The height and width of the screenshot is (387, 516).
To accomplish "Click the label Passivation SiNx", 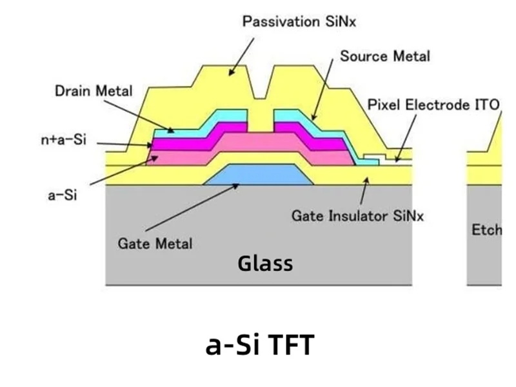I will [299, 22].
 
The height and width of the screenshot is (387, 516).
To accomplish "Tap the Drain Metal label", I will [93, 91].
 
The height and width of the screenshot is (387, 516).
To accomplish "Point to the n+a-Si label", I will [62, 140].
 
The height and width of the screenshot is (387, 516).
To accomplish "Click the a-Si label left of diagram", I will [62, 195].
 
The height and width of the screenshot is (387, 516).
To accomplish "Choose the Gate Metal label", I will [155, 243].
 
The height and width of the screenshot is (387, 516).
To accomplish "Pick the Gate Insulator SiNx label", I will [358, 215].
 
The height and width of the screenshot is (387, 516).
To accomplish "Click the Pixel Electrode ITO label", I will [433, 104].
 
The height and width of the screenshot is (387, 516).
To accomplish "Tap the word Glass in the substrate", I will [265, 263].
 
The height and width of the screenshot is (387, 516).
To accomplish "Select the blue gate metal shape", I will [258, 175].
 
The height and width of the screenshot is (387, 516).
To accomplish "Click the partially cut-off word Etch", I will [486, 230].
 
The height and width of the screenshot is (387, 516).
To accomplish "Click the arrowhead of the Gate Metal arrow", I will [239, 184].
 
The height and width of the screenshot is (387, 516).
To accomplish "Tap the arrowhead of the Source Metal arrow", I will [313, 119].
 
